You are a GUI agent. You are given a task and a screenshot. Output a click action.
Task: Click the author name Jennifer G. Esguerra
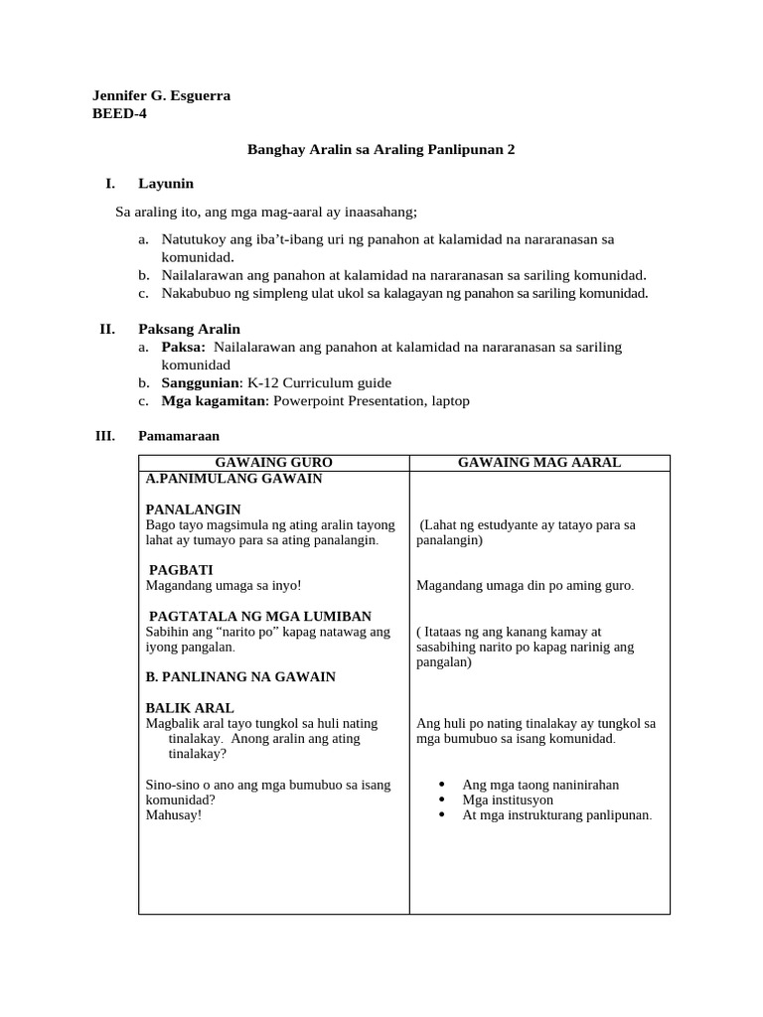tap(160, 95)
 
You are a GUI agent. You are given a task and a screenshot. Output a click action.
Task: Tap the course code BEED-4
tap(119, 113)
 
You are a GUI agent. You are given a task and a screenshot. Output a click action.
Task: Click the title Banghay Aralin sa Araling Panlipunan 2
tap(381, 149)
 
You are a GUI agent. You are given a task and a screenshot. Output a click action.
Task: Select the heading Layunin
tap(166, 183)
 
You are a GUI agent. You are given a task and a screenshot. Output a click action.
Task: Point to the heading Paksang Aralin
tap(189, 329)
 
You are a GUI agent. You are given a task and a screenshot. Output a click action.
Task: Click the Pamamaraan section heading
tap(179, 436)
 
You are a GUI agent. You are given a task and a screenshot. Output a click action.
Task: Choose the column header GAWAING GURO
tap(273, 463)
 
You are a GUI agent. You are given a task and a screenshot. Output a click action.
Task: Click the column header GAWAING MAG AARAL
tap(538, 463)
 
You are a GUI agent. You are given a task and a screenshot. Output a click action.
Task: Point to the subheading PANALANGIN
tap(193, 509)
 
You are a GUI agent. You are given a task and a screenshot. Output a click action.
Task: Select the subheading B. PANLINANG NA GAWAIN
tap(240, 676)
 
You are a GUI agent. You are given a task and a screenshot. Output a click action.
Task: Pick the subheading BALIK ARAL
tap(190, 708)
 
